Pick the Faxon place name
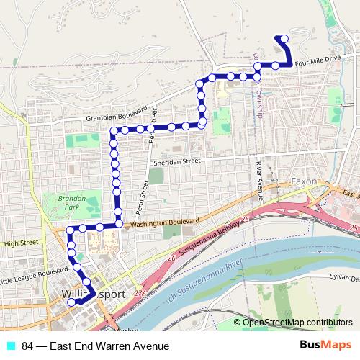click(x=303, y=182)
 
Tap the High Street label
click(x=20, y=243)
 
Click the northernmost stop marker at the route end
click(x=284, y=38)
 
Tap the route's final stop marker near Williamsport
click(x=71, y=303)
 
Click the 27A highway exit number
click(x=140, y=293)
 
